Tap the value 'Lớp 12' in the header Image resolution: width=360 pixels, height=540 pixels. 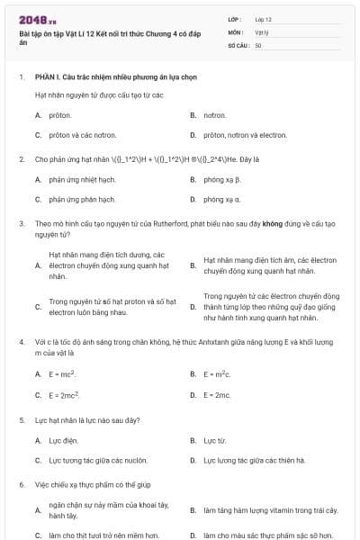[263, 18]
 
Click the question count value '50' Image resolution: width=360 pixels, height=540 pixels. [258, 45]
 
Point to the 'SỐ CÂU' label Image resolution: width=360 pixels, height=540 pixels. [238, 45]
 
